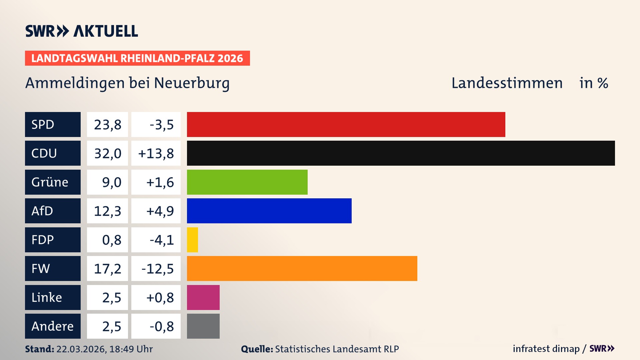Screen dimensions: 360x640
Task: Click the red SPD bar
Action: pyautogui.click(x=346, y=124)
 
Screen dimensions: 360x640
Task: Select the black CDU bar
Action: pyautogui.click(x=401, y=153)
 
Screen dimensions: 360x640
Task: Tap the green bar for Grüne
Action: pyautogui.click(x=247, y=182)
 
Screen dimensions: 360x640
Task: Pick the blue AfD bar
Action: pyautogui.click(x=269, y=211)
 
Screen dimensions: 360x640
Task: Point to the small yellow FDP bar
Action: pyautogui.click(x=192, y=240)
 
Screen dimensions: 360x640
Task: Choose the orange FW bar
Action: pyautogui.click(x=302, y=268)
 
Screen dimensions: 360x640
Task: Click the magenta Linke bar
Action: pyautogui.click(x=203, y=297)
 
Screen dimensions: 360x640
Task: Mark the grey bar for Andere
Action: pyautogui.click(x=203, y=326)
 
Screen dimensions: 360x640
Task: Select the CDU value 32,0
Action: pyautogui.click(x=107, y=153)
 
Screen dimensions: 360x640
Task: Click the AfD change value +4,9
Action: pyautogui.click(x=160, y=211)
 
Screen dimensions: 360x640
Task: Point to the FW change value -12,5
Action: pyautogui.click(x=157, y=269)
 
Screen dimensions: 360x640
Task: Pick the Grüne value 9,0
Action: pyautogui.click(x=111, y=182)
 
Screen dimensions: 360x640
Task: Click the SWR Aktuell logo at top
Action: pyautogui.click(x=81, y=31)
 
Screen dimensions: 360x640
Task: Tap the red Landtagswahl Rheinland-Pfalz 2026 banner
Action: pyautogui.click(x=137, y=58)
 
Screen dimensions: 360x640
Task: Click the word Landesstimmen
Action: pyautogui.click(x=507, y=83)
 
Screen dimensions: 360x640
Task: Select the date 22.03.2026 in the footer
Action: pyautogui.click(x=81, y=349)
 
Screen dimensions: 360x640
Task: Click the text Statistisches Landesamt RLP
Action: pyautogui.click(x=337, y=349)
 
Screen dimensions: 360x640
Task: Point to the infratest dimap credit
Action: pyautogui.click(x=546, y=349)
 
